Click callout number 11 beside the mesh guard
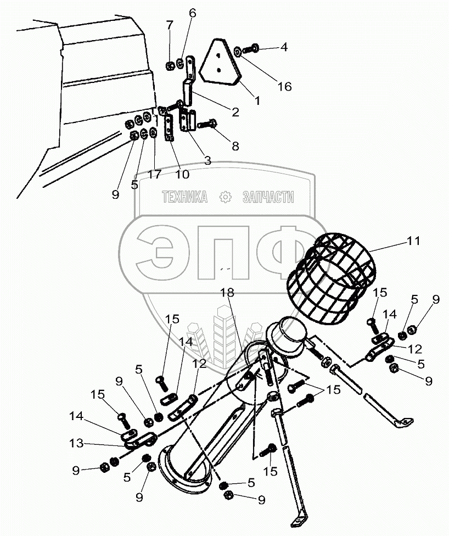(x=413, y=241)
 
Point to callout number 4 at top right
(x=284, y=47)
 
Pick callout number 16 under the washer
(x=284, y=86)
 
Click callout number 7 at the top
(x=170, y=24)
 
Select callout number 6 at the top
(x=192, y=12)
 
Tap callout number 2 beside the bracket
(x=235, y=113)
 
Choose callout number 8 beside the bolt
(x=235, y=146)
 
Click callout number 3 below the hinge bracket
(x=207, y=160)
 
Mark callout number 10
(x=182, y=175)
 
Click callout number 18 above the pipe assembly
(x=227, y=293)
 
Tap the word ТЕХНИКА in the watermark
(x=184, y=198)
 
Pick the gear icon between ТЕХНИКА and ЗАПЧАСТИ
(x=224, y=198)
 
